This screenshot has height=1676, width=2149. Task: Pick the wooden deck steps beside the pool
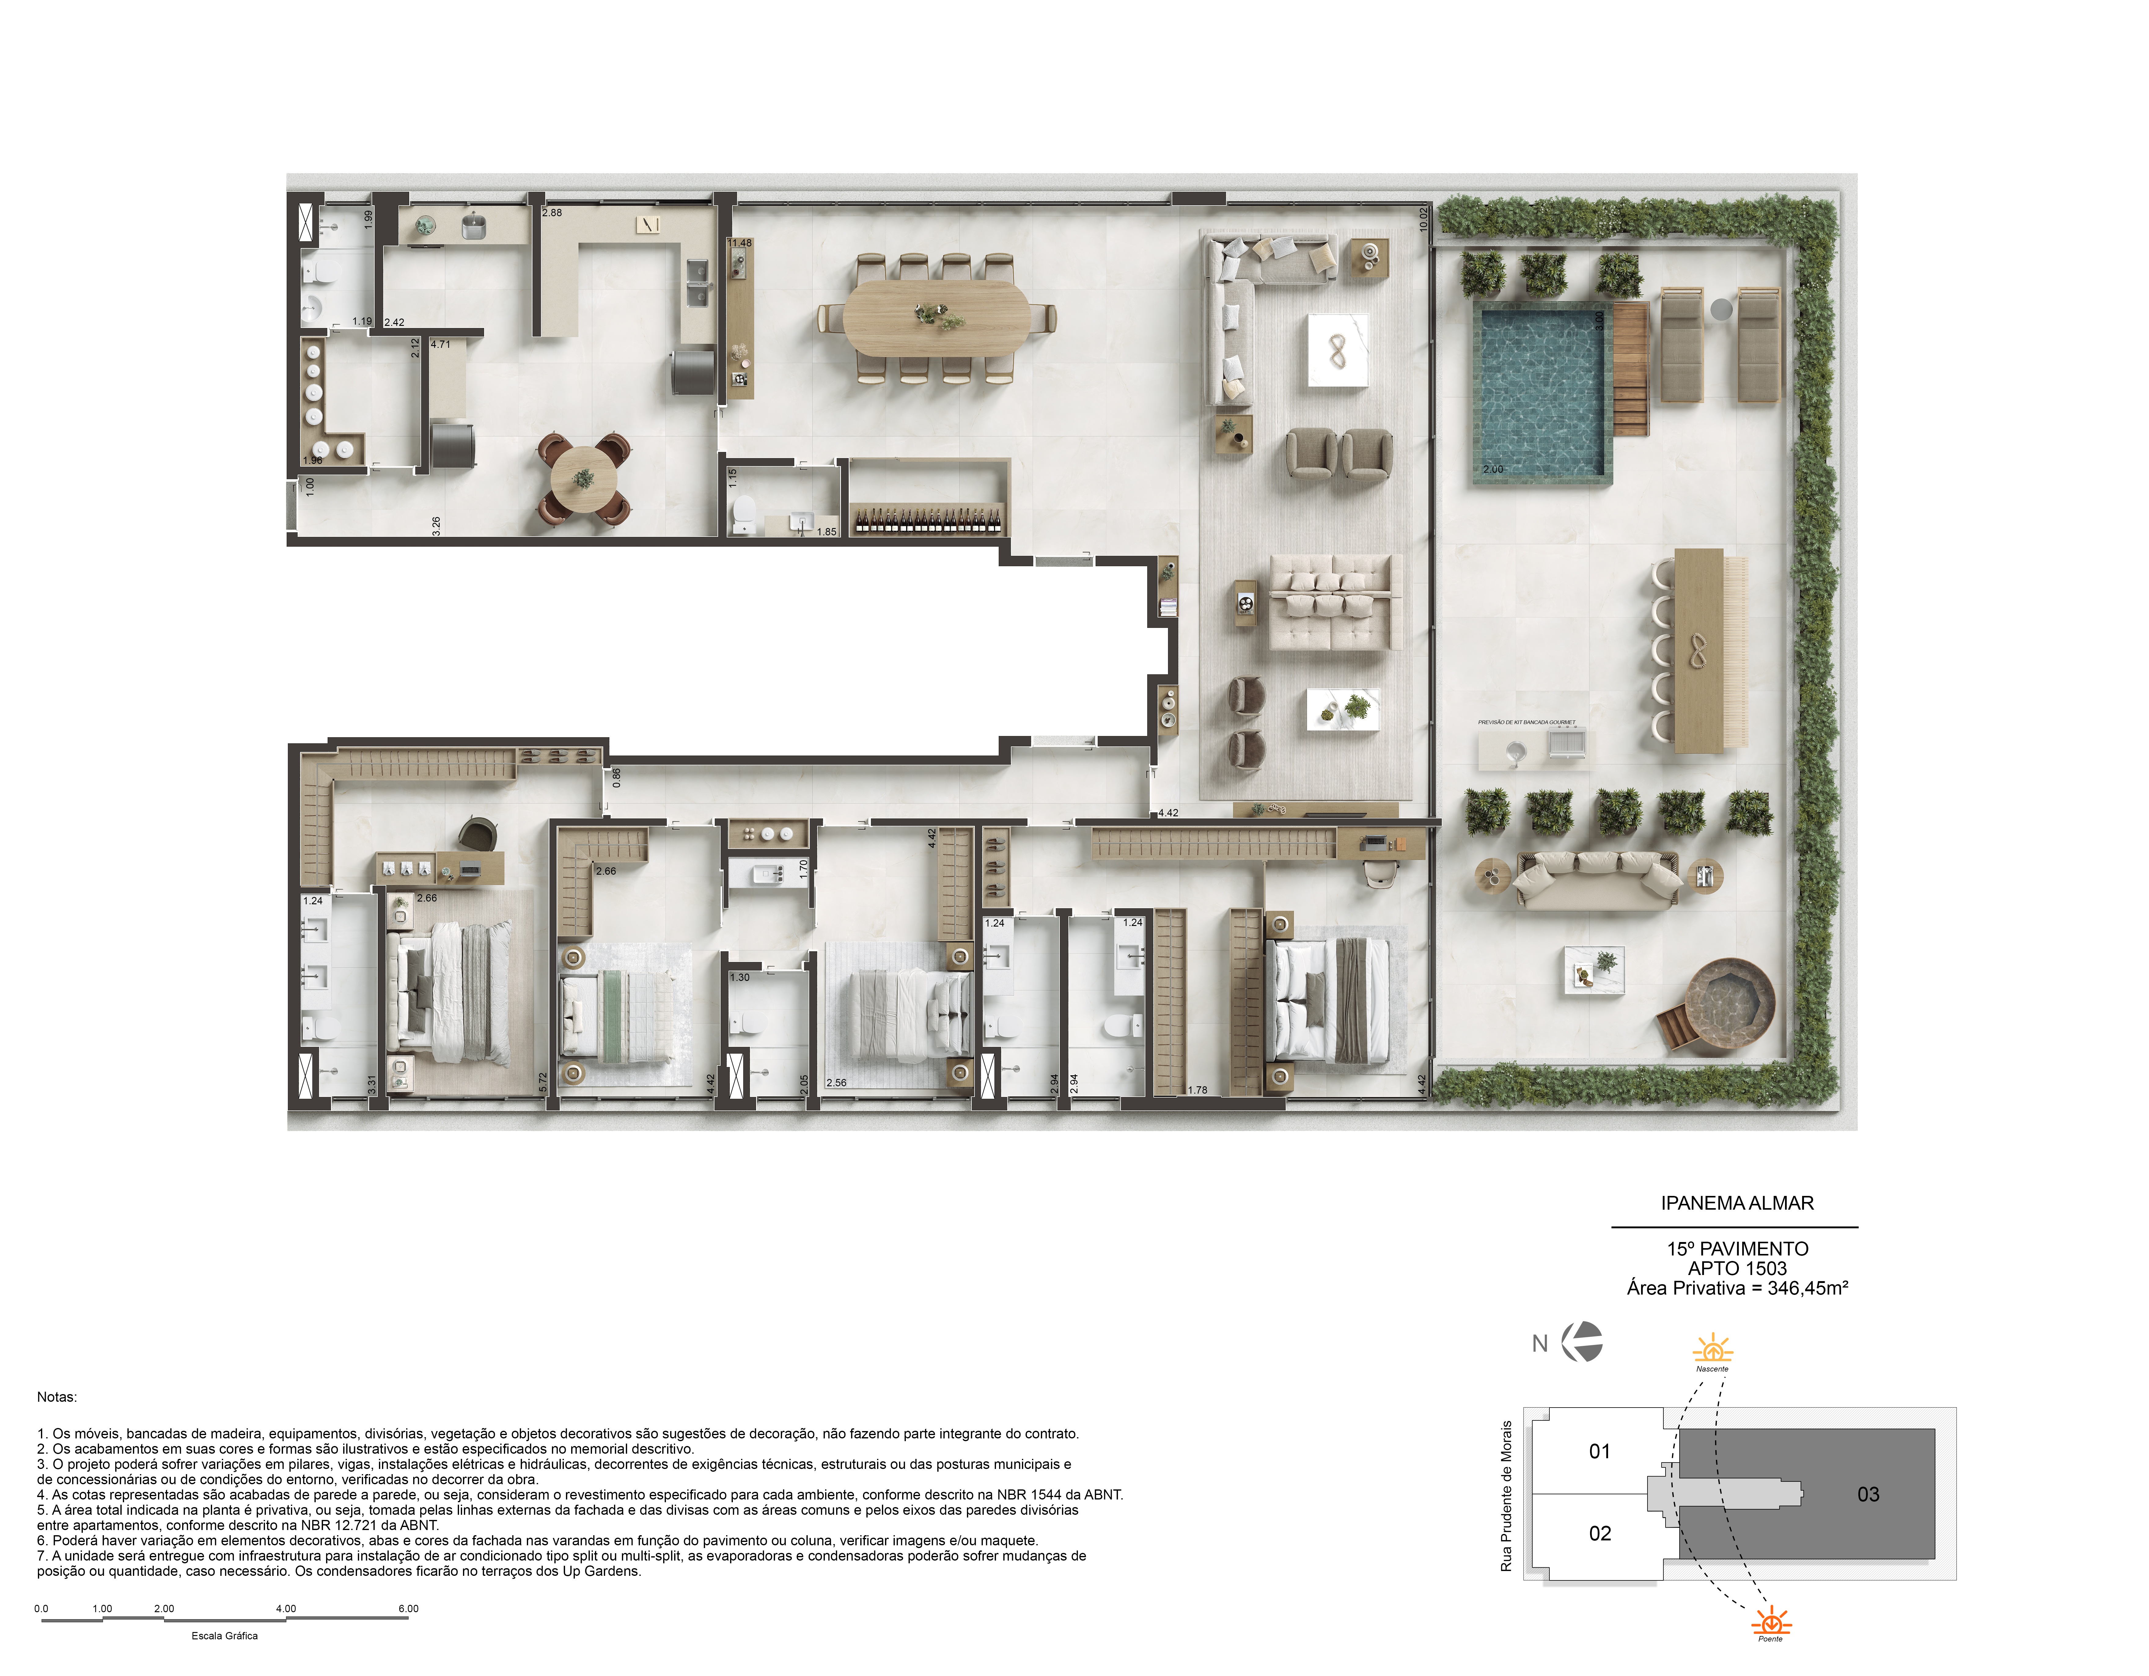pos(1630,369)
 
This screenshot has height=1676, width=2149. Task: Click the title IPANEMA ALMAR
pos(1737,1203)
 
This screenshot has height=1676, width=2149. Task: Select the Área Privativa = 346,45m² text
pos(1737,1288)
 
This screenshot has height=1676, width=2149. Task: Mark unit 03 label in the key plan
pos(1868,1495)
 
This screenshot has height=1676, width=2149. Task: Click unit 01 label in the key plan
pos(1600,1452)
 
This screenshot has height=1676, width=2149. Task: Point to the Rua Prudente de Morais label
pos(1505,1495)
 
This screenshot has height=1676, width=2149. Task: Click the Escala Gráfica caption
pos(224,1636)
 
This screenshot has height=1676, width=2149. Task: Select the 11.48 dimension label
pos(740,243)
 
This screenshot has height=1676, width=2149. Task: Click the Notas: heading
pos(57,1397)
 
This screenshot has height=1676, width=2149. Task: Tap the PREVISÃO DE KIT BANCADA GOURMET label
pos(1526,722)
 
